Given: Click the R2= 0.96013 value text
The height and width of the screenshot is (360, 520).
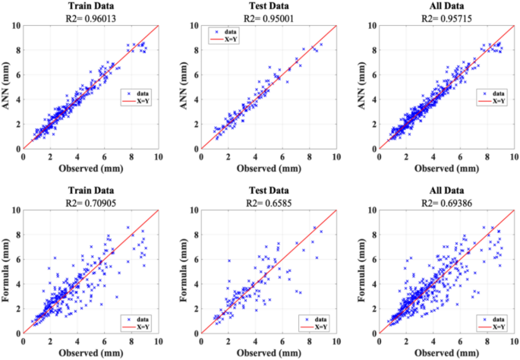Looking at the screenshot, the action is click(x=91, y=18).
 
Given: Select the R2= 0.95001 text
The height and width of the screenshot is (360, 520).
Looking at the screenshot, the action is click(x=269, y=18).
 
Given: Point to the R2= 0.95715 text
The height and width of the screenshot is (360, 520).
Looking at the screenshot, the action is click(x=446, y=18).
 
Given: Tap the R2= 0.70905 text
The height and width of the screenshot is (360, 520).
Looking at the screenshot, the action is click(x=91, y=203).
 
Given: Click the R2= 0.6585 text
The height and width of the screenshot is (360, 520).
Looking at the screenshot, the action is click(x=269, y=203).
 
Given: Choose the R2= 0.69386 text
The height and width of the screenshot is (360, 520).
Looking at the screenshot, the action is click(x=446, y=203).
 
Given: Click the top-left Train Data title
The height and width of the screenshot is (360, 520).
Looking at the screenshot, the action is click(x=91, y=6).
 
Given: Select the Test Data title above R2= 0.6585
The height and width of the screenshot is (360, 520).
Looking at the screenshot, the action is click(x=269, y=191).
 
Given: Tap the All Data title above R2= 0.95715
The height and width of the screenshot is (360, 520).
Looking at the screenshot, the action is click(x=446, y=6).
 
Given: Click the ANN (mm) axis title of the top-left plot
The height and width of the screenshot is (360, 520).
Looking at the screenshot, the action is click(x=6, y=86).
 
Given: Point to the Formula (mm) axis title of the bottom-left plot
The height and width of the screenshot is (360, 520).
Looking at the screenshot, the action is click(x=6, y=270).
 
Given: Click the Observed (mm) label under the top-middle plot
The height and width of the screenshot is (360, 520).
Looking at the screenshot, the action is click(x=269, y=169).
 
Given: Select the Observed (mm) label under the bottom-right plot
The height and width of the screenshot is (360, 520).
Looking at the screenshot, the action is click(x=446, y=353).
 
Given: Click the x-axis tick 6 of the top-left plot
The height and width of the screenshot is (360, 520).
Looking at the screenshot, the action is click(x=105, y=156).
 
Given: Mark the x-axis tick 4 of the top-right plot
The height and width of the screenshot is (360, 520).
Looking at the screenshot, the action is click(x=433, y=156).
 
